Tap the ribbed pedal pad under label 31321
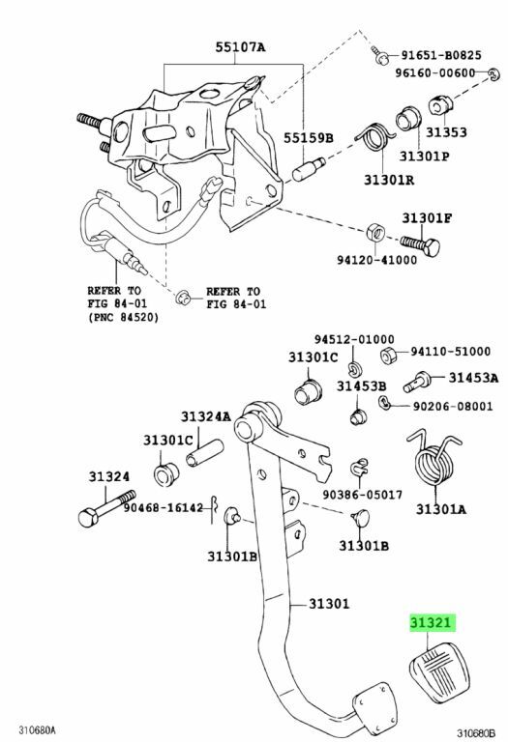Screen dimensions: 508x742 [438, 672]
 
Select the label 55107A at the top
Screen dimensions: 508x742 [240, 47]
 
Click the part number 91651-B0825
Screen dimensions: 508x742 [441, 55]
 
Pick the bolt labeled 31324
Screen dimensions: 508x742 [106, 508]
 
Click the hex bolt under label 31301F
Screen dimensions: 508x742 [420, 245]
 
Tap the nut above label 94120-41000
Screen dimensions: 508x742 [375, 232]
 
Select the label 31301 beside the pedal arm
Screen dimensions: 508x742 [329, 603]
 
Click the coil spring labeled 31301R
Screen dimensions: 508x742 [374, 139]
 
